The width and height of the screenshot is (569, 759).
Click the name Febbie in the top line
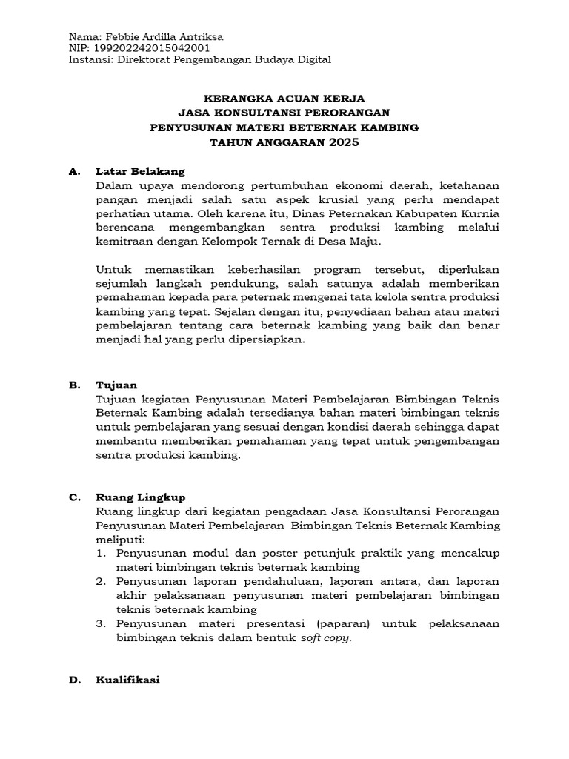(122, 36)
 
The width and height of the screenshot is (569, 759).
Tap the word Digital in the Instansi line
(313, 60)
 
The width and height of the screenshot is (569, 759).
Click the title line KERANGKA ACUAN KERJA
(284, 98)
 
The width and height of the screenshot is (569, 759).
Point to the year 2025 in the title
(343, 142)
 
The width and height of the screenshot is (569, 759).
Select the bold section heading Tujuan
(116, 385)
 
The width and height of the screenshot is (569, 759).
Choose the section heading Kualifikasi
(127, 680)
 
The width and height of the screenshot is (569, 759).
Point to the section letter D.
(73, 680)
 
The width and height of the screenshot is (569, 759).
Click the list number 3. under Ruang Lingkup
(101, 625)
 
